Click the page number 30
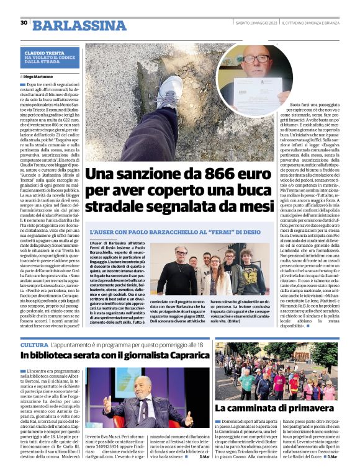point(23,23)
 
